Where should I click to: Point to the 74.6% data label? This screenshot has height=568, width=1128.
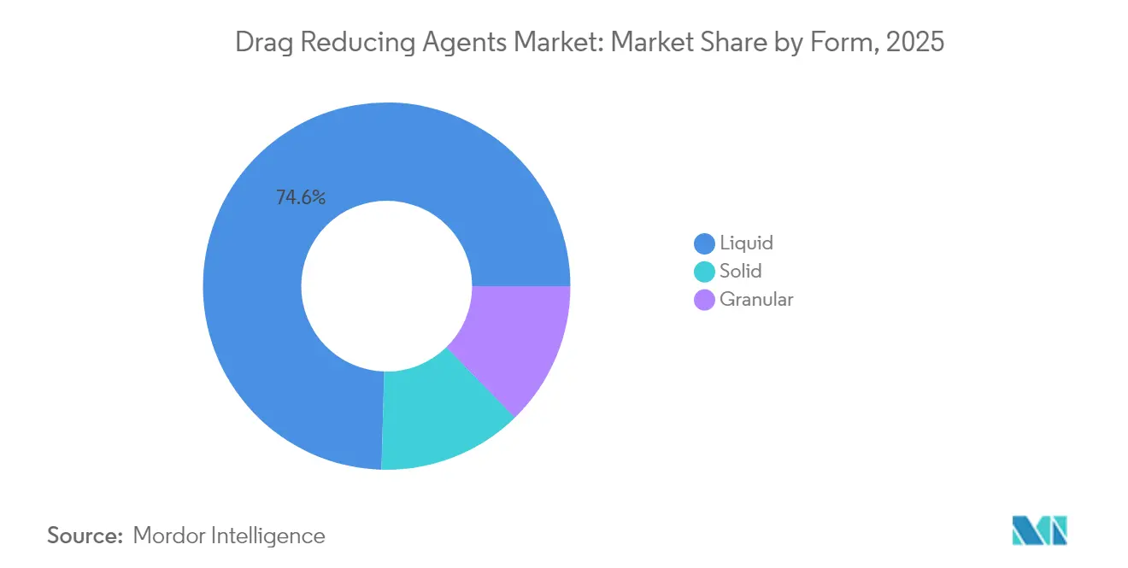click(300, 198)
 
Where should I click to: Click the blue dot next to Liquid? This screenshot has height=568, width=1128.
click(705, 243)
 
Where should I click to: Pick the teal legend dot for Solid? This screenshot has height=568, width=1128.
click(705, 272)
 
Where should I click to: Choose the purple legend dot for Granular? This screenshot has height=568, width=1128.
click(705, 300)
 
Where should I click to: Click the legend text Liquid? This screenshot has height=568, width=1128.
click(746, 243)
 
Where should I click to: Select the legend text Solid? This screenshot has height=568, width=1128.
click(740, 272)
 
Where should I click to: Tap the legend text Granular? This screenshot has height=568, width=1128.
click(756, 300)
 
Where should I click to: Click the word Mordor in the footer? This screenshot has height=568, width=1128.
click(169, 536)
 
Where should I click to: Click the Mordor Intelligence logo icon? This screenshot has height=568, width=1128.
click(1039, 530)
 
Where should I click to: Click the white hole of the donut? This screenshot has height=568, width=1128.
click(386, 286)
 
